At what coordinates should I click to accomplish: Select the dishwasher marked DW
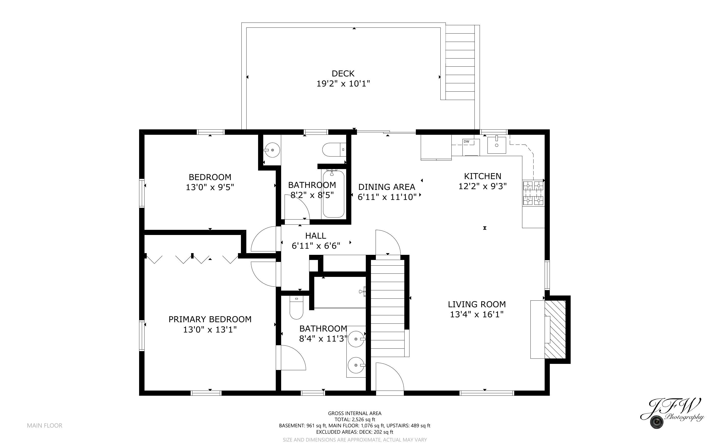coord(471,147)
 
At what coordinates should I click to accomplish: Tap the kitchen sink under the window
coord(497,145)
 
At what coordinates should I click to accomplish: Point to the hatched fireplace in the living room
coord(555,329)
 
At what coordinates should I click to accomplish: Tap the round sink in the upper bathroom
coord(272,150)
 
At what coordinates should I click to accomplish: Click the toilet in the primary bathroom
coord(296,308)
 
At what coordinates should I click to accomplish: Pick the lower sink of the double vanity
coord(356,365)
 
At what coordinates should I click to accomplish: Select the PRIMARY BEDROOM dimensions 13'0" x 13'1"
coord(210,330)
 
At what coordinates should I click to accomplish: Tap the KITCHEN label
coord(482,176)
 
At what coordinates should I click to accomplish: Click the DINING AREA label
coord(387,187)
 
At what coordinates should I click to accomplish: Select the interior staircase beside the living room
coord(388,308)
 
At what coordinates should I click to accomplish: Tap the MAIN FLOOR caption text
coord(45,425)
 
